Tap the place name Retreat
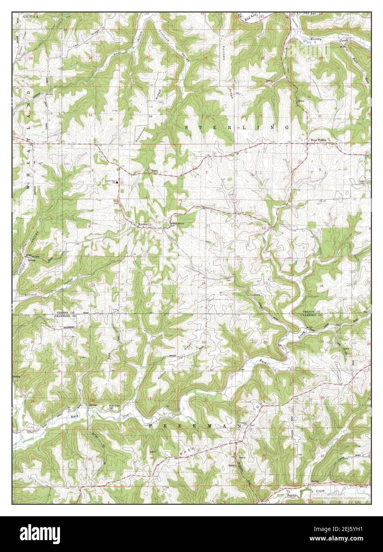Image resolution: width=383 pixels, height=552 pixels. pos(142,225)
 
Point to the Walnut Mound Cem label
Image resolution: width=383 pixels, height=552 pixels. pos(177,224)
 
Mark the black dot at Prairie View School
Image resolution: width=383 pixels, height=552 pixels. pos(117,182)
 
